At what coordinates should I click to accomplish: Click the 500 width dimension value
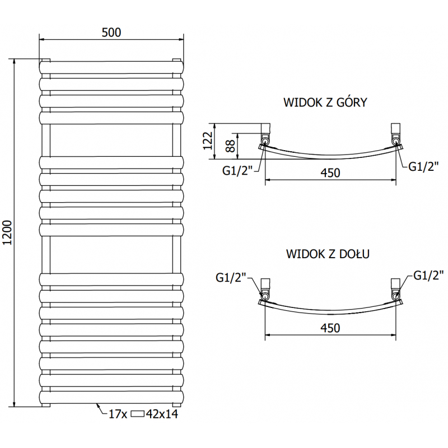point(111,32)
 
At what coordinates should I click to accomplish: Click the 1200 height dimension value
point(7,232)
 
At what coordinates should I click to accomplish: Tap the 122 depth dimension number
point(208,141)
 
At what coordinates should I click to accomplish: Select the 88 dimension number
point(231,146)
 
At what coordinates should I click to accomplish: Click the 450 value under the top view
point(330,173)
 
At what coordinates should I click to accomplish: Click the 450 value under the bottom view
point(330,328)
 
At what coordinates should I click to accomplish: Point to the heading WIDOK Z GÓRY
point(325,102)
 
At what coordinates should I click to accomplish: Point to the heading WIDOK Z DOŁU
point(328,254)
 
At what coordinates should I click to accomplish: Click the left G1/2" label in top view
point(237,171)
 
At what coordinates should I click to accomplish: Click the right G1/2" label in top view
point(423,166)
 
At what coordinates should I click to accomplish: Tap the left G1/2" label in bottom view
point(231,277)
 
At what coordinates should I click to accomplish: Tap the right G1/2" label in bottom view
point(428,275)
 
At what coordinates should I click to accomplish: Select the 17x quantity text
point(118,414)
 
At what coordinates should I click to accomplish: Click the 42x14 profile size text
point(162,414)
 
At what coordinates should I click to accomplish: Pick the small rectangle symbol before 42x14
point(137,414)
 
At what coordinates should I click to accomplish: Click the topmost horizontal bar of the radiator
point(111,67)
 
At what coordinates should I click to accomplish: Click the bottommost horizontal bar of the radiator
point(111,397)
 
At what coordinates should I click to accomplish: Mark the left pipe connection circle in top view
point(265,141)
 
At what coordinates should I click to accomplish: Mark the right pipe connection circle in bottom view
point(396,296)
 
